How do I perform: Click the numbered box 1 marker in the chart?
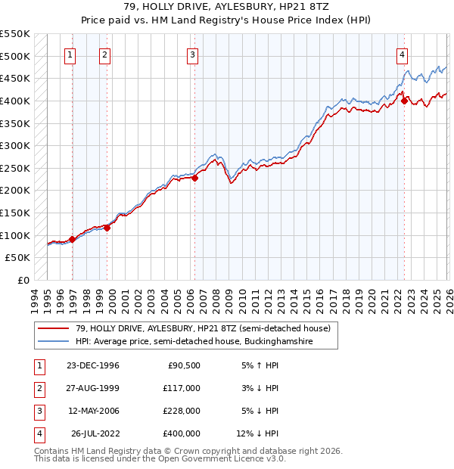click(x=70, y=54)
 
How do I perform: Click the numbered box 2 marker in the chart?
click(x=104, y=54)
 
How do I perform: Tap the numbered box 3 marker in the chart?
click(x=193, y=54)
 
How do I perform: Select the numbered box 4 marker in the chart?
click(x=402, y=54)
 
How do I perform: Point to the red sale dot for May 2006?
click(x=194, y=179)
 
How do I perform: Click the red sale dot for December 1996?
click(x=73, y=240)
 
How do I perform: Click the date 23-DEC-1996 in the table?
click(x=93, y=365)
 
